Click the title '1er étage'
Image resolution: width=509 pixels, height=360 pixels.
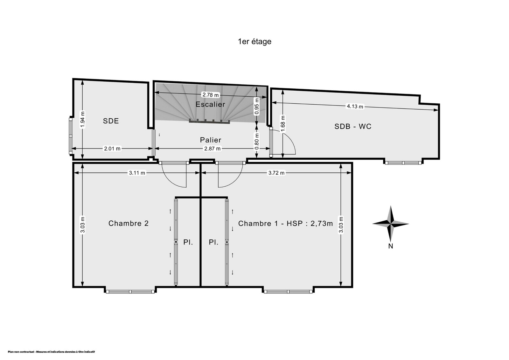[254, 42]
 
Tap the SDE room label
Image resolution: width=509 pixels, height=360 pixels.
[111, 121]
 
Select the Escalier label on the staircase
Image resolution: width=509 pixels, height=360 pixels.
[210, 104]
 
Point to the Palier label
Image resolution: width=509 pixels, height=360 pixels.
[210, 140]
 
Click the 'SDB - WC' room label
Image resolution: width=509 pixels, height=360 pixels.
[353, 126]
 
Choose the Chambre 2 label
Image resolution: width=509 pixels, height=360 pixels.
[129, 223]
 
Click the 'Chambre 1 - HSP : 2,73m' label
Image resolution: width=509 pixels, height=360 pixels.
[285, 224]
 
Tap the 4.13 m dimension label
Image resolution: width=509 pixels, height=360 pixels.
[355, 106]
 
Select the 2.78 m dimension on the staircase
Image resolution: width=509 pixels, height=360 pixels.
[211, 95]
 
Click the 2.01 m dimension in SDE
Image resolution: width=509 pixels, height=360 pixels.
[112, 149]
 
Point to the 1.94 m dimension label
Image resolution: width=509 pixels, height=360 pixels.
[83, 120]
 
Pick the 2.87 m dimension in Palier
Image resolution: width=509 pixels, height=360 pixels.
[212, 149]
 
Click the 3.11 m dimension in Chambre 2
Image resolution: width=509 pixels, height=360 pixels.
[137, 173]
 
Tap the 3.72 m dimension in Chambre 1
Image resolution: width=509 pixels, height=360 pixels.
[276, 173]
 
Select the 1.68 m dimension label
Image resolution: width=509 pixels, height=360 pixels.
[283, 124]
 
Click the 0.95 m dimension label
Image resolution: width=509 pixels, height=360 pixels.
[257, 106]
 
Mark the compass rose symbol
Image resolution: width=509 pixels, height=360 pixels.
[391, 224]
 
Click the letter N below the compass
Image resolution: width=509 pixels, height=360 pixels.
[391, 246]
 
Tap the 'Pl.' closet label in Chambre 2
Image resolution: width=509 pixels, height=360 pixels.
[188, 242]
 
